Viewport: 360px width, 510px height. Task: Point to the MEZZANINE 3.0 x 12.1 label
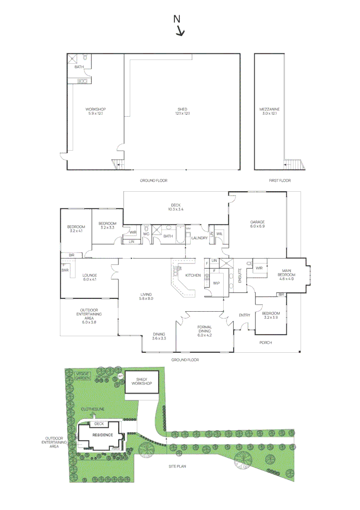(x=268, y=111)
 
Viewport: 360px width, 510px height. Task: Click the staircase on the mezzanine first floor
(x=294, y=164)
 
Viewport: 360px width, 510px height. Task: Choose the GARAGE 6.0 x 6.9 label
(x=257, y=224)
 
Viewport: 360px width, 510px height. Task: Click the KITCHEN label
(x=193, y=275)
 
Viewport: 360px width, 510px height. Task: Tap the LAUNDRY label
(x=199, y=238)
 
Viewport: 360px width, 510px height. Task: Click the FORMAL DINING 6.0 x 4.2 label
(x=204, y=330)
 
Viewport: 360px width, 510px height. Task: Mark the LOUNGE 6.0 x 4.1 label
(x=90, y=277)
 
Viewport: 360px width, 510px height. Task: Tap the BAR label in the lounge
(x=65, y=270)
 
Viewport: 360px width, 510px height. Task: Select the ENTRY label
(x=244, y=315)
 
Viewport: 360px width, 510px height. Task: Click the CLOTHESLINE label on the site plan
(x=92, y=408)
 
